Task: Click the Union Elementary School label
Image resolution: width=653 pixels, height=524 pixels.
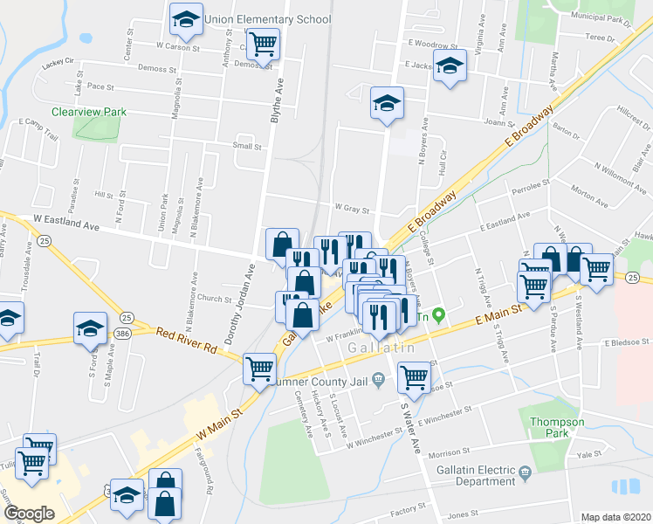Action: click(267, 18)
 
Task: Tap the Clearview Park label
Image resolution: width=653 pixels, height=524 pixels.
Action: click(89, 112)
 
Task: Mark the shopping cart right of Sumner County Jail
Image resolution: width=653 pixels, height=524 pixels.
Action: click(414, 377)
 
